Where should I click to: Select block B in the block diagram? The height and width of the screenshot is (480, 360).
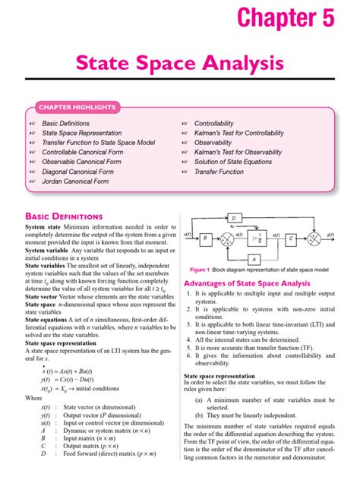(x=204, y=238)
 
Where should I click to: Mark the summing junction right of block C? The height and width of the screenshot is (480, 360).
(x=314, y=238)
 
